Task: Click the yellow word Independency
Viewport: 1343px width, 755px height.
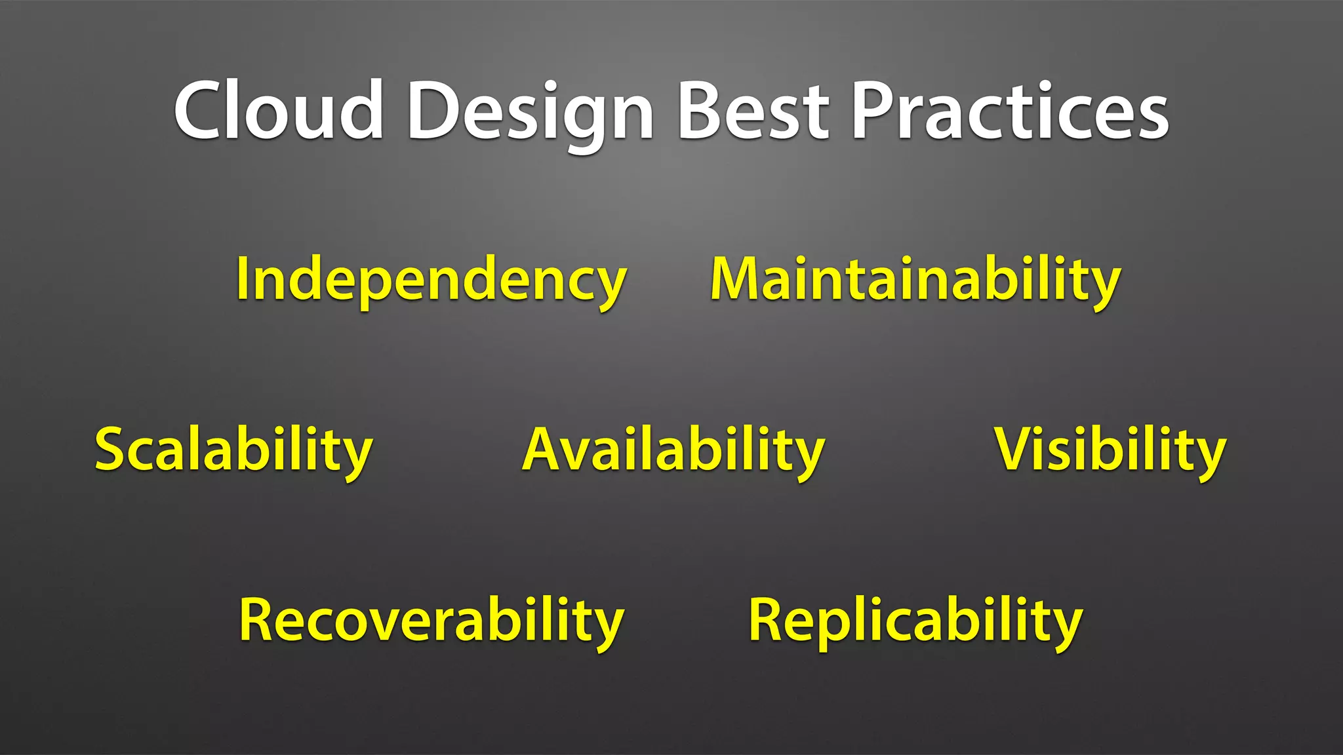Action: (431, 280)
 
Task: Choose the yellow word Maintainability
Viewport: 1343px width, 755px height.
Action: (915, 280)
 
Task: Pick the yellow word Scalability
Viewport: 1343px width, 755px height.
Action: (234, 450)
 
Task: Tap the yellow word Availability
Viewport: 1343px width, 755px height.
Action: (673, 450)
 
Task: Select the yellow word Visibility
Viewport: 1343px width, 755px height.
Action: (1110, 450)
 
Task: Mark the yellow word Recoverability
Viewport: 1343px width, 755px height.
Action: (431, 621)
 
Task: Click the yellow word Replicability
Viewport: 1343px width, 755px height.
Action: (915, 621)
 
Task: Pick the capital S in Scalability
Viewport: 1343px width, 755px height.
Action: (113, 448)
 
